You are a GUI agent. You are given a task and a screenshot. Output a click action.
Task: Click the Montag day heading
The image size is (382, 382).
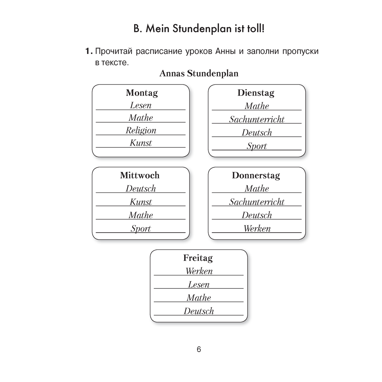142,93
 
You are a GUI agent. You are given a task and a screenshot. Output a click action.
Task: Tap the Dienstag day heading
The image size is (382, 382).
256,93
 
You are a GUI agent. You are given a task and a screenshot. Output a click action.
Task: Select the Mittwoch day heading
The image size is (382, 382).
139,175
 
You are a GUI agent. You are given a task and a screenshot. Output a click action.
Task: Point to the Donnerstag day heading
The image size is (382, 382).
256,176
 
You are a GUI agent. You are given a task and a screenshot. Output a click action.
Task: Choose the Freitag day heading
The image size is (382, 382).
198,258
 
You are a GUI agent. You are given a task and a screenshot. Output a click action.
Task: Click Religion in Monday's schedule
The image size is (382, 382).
141,131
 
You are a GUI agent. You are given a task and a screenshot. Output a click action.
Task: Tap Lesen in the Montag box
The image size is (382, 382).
141,105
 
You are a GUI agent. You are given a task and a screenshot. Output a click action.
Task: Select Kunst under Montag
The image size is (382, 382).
141,143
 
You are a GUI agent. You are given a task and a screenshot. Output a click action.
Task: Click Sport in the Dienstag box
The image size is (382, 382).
257,146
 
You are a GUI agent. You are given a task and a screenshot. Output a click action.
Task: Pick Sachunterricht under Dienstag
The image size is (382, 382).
257,119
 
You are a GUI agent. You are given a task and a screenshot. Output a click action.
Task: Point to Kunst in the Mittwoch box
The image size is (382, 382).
141,202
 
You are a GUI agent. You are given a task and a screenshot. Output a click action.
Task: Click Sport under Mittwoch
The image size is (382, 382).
141,228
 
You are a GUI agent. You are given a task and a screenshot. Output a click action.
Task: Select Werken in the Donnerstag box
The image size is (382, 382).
257,228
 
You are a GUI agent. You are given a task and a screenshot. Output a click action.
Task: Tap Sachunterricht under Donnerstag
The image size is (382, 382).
257,202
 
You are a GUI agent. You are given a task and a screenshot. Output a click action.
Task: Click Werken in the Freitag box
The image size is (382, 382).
199,271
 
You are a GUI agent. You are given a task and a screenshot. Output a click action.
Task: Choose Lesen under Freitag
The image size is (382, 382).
199,285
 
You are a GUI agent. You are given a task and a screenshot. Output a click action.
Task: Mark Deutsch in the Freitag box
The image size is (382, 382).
199,311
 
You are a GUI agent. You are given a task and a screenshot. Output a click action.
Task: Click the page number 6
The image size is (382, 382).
199,350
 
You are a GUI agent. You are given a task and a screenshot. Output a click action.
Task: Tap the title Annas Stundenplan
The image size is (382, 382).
199,73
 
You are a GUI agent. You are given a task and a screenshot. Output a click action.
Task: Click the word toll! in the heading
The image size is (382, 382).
256,29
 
